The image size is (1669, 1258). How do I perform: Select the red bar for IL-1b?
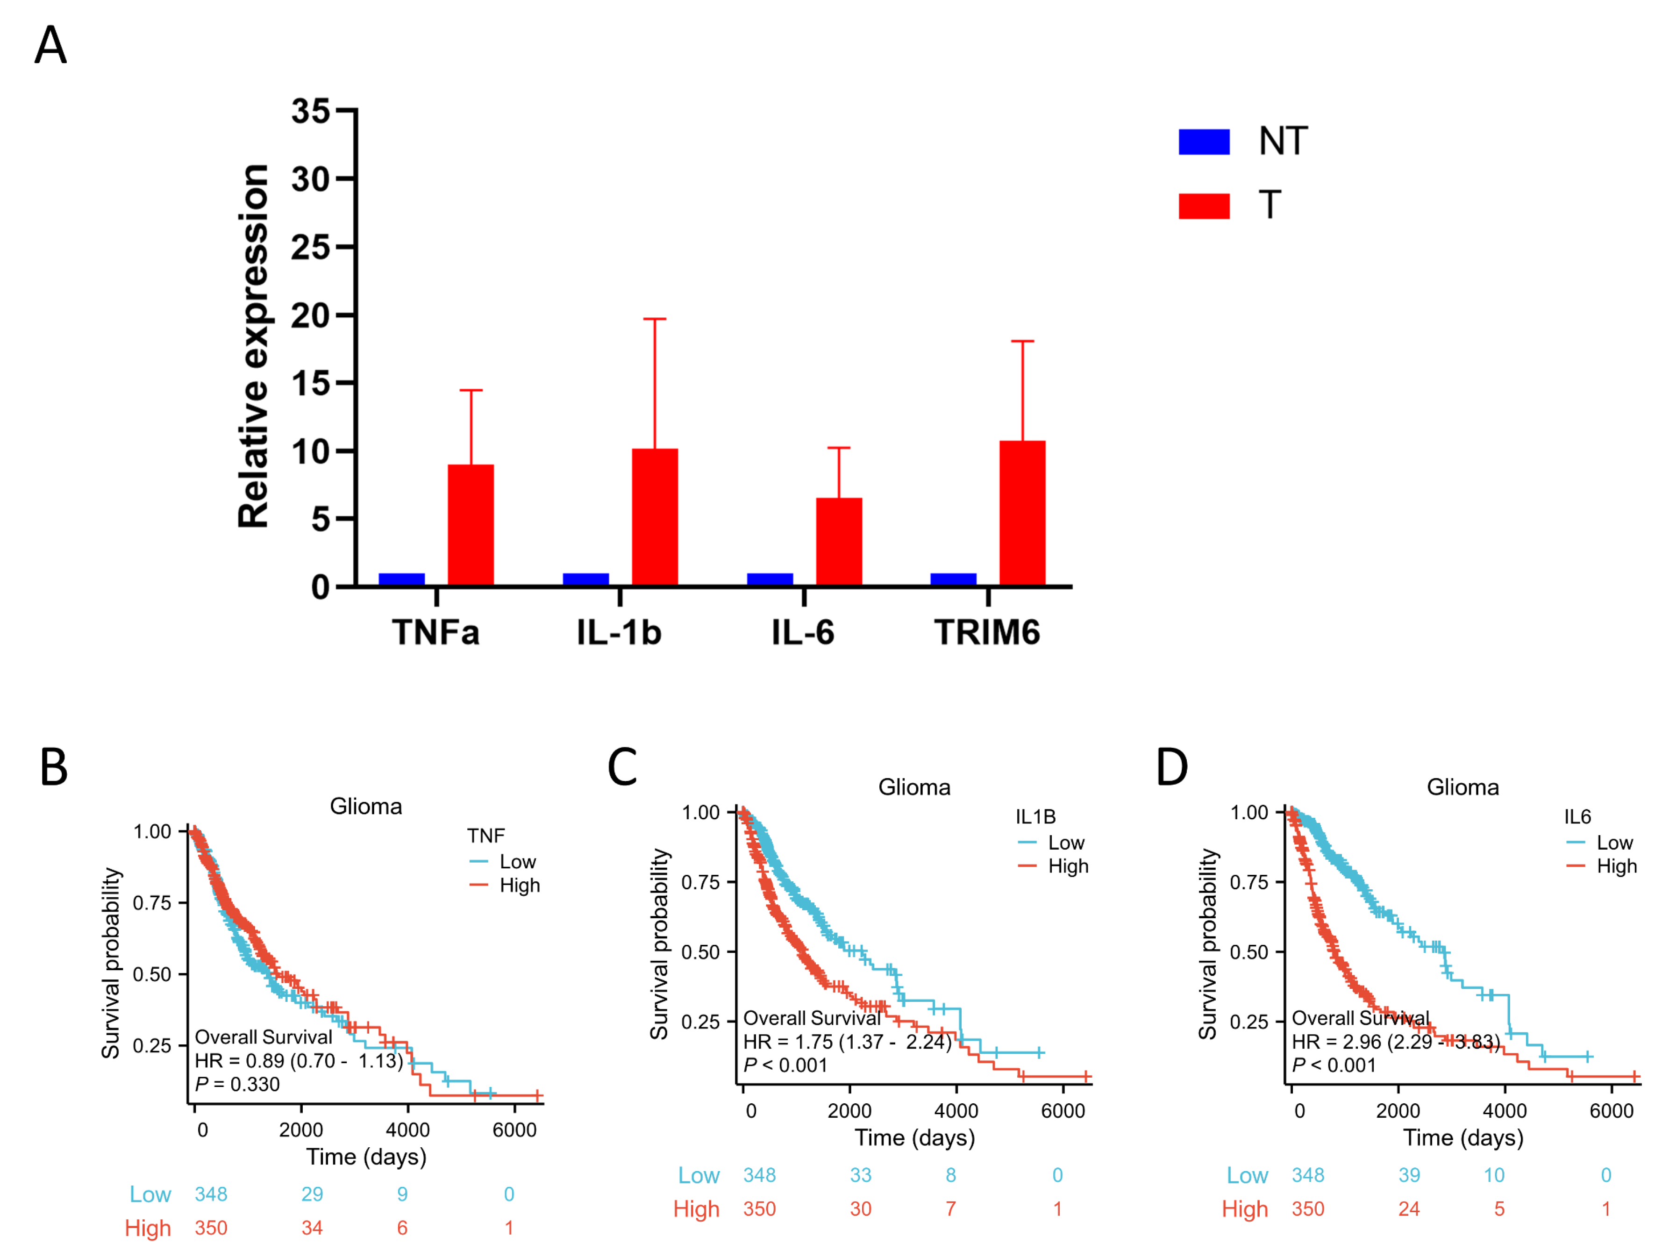tap(655, 518)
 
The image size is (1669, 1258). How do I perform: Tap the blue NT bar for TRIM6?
tap(953, 579)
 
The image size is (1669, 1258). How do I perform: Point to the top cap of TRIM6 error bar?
tap(1022, 342)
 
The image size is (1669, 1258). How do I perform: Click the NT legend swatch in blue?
tap(1204, 142)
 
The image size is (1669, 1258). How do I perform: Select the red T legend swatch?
tap(1204, 206)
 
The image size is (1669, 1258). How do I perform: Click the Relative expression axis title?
tap(254, 346)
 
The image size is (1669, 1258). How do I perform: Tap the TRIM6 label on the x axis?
tap(987, 632)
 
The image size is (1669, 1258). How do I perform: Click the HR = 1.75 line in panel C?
tap(847, 1042)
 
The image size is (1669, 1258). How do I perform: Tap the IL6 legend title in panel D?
tap(1578, 816)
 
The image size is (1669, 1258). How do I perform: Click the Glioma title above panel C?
tap(914, 787)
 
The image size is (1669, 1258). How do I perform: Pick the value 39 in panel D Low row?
tap(1409, 1175)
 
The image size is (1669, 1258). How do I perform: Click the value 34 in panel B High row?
tap(312, 1228)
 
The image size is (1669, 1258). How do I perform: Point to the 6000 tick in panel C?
tap(1063, 1111)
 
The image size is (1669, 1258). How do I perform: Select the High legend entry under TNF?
tap(519, 885)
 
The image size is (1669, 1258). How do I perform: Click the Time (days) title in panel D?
tap(1463, 1137)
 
